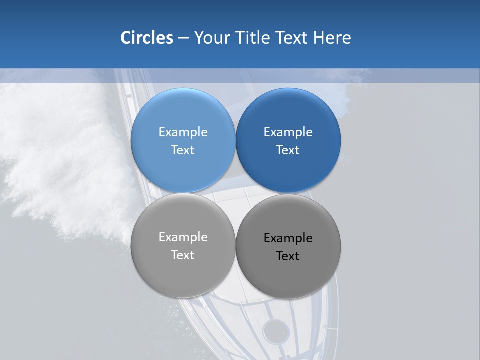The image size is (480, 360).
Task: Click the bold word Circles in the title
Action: click(146, 38)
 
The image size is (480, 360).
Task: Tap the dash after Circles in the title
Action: click(183, 38)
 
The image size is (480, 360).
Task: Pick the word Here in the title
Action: click(332, 38)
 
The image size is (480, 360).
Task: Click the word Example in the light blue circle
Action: click(183, 132)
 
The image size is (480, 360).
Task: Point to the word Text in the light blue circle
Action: click(183, 150)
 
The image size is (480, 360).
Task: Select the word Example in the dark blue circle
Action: click(288, 132)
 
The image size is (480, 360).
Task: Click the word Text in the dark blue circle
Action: click(288, 150)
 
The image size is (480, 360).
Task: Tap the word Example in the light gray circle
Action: click(183, 237)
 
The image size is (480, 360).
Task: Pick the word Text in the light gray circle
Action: click(183, 255)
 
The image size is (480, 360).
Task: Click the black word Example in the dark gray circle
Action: click(288, 238)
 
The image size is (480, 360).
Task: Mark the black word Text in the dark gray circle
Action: click(288, 256)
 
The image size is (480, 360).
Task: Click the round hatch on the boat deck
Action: click(276, 330)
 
